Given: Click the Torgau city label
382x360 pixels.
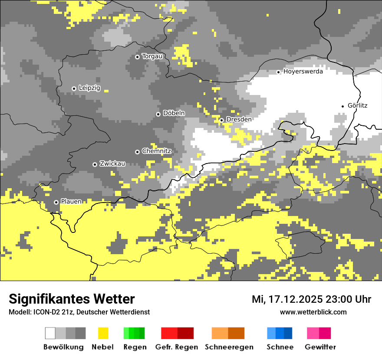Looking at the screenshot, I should [152, 56].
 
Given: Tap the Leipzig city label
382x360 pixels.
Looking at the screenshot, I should [89, 88].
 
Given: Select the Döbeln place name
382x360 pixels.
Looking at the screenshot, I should [174, 113].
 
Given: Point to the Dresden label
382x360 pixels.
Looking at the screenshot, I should [239, 119].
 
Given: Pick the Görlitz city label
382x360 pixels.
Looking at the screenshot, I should [357, 105].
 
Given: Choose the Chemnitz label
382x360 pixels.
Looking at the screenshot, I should [157, 151].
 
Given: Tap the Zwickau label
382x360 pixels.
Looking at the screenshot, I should [112, 164].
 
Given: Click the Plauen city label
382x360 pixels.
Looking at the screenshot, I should [71, 202].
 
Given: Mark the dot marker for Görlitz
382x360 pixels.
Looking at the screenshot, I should [343, 106].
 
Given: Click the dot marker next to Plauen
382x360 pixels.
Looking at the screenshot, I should [56, 202].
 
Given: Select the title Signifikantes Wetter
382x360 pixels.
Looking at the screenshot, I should [72, 299].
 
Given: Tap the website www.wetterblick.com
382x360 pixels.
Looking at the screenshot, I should [313, 312].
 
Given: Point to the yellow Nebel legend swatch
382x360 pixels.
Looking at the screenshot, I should [103, 333].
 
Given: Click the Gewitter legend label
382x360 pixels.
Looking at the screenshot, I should [320, 347].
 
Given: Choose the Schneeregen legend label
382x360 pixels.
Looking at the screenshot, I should [229, 347].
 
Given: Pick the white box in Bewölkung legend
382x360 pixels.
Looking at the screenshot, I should [50, 333].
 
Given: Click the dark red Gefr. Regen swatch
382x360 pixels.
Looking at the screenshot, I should [186, 333].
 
